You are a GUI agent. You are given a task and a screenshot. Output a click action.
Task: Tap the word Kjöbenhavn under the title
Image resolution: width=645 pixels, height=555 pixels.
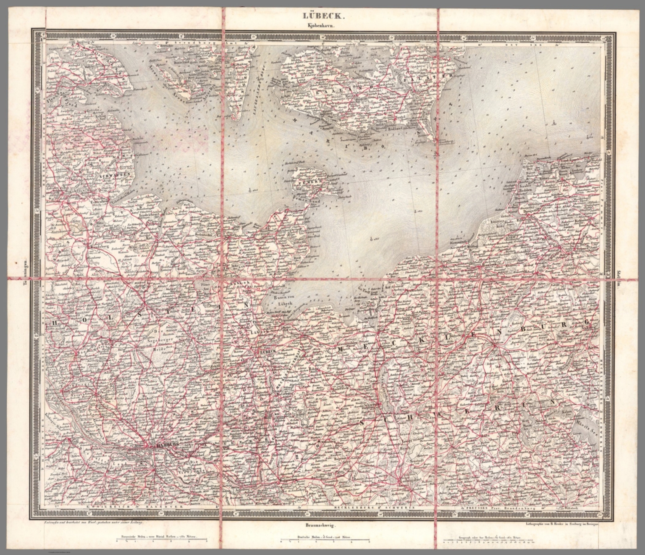[322, 26]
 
